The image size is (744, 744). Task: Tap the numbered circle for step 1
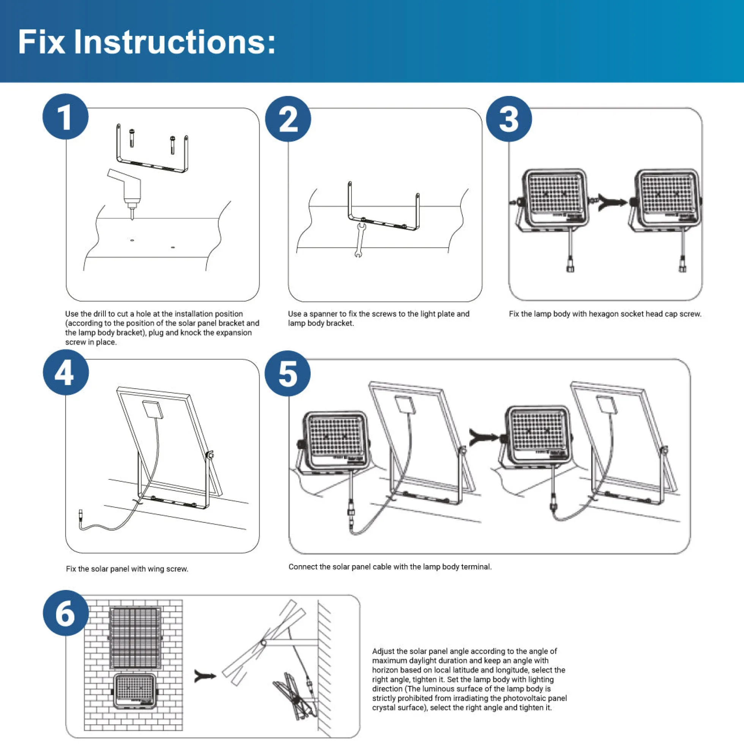tap(65, 116)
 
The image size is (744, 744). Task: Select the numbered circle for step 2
tap(288, 118)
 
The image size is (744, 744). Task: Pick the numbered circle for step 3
tap(509, 118)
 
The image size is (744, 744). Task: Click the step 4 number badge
tap(66, 372)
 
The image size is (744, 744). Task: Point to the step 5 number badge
tap(288, 373)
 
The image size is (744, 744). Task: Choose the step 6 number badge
tap(66, 613)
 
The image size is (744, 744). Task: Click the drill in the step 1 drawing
tap(126, 192)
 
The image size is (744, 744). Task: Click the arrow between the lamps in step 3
tap(612, 202)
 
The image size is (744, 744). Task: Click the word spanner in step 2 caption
tap(323, 314)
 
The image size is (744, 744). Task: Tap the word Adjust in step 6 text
tap(383, 652)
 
